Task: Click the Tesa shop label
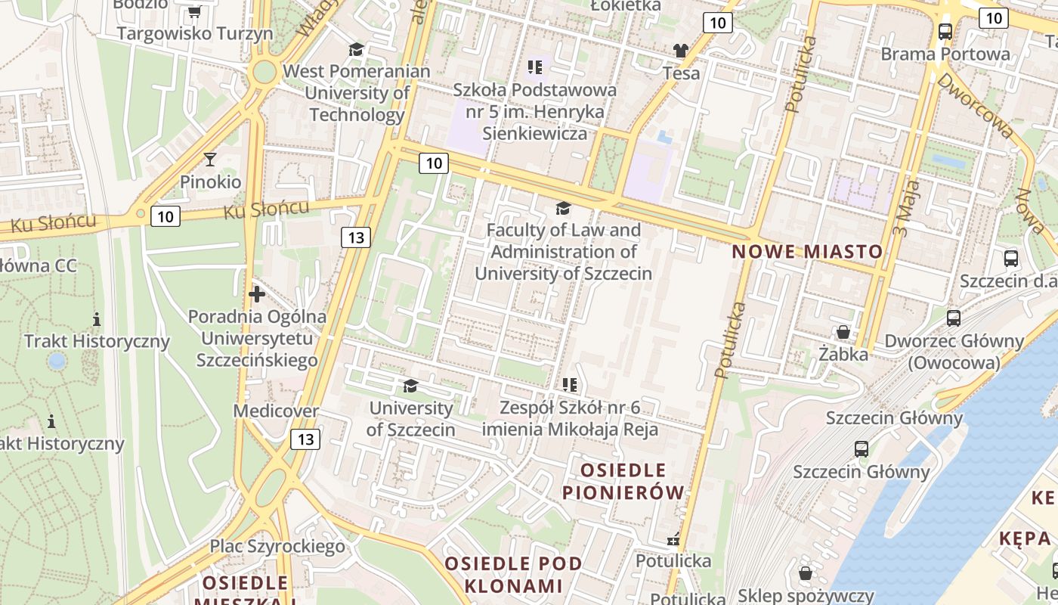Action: [681, 73]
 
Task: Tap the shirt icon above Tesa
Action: [681, 51]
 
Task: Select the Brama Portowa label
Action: [945, 54]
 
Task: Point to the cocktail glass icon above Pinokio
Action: [210, 159]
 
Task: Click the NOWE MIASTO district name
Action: [807, 252]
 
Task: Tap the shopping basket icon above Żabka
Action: [843, 332]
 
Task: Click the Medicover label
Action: [276, 411]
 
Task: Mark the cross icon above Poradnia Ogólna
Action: [257, 293]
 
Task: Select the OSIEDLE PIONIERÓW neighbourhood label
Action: [623, 481]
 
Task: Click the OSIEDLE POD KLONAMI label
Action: [514, 574]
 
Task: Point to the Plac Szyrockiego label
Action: [277, 545]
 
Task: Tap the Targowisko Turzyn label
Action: [194, 33]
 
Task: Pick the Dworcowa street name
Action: [975, 105]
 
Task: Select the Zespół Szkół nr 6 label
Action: [571, 418]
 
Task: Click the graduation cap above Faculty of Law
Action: [563, 208]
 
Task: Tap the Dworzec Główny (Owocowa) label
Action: [954, 352]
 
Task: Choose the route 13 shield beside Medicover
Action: [305, 439]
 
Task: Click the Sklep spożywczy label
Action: [806, 595]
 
